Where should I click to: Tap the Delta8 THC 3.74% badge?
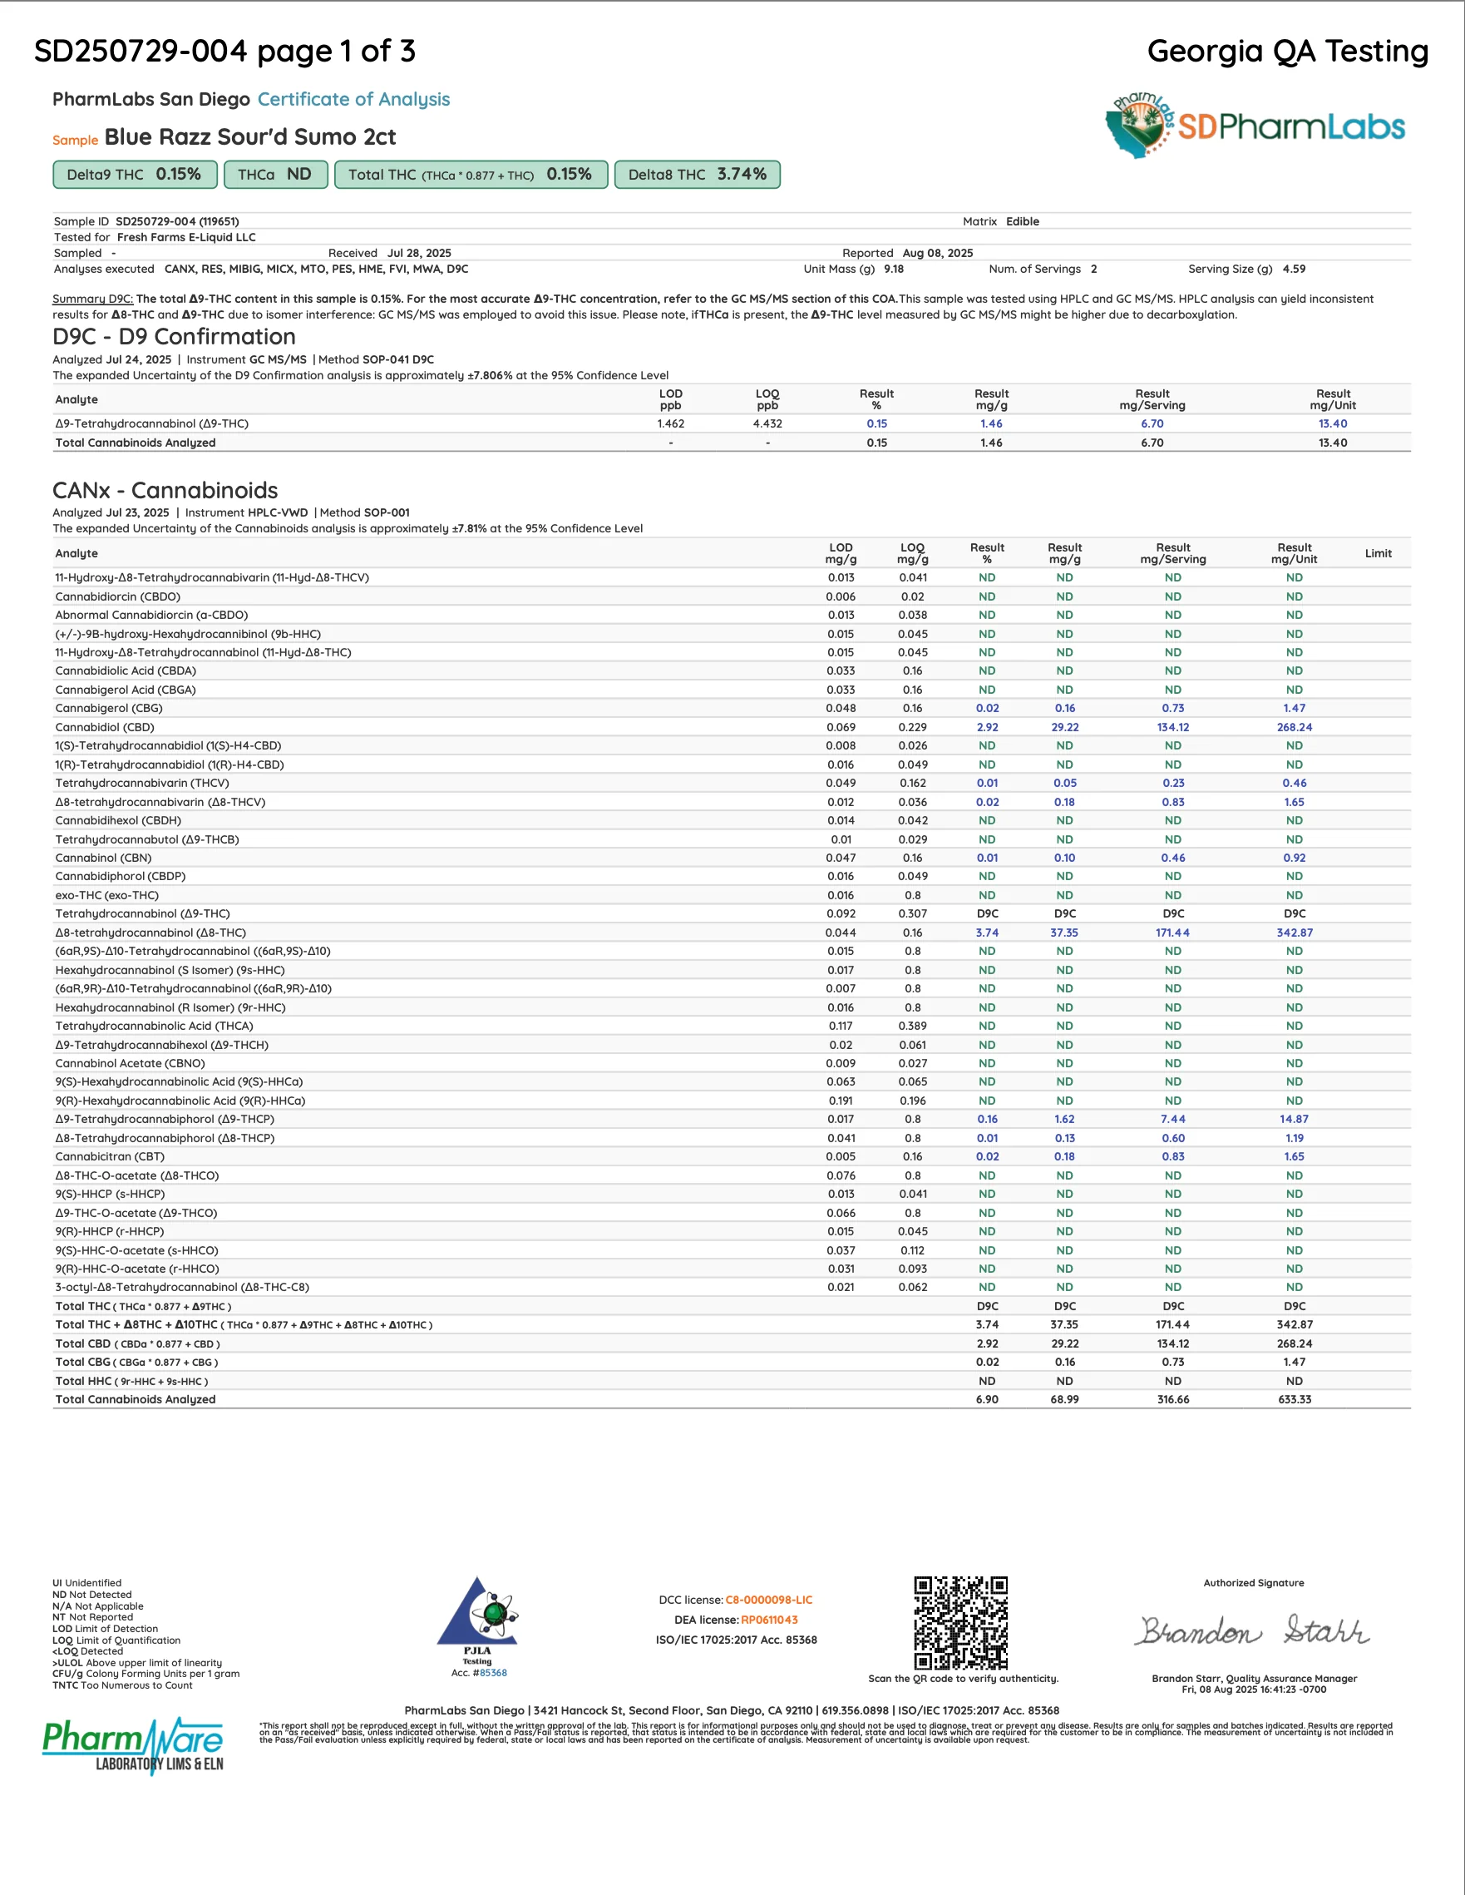point(697,175)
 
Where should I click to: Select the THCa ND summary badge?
point(275,175)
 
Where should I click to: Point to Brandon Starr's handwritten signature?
point(1252,1631)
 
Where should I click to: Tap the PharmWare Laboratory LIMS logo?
point(133,1745)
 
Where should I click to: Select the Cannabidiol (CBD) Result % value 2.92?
point(987,727)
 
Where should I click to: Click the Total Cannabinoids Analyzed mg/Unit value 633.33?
point(1294,1399)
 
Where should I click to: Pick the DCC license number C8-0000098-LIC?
point(768,1600)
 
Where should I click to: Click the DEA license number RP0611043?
point(768,1620)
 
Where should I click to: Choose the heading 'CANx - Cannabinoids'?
point(165,490)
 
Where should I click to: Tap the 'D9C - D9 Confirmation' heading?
point(174,337)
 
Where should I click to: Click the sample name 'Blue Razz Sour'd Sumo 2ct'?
point(249,137)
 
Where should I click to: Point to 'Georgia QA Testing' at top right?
point(1287,52)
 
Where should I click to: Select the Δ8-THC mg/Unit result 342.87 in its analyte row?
point(1294,933)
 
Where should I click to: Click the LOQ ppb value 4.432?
point(767,423)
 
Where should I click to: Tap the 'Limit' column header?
point(1378,553)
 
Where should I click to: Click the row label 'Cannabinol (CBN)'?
point(103,858)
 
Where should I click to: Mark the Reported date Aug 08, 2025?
point(937,254)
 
